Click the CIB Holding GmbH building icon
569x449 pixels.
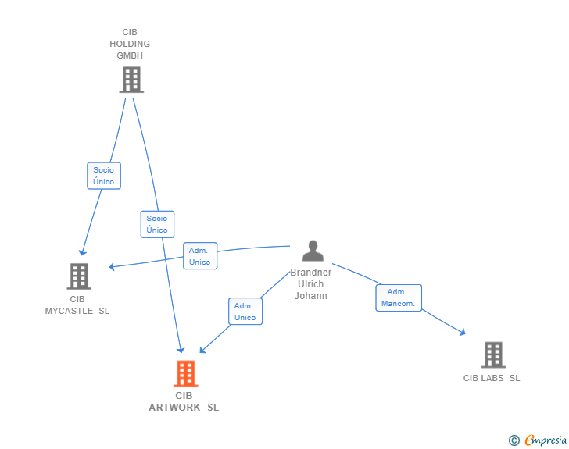[x=131, y=80]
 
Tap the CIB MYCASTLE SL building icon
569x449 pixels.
[x=78, y=276]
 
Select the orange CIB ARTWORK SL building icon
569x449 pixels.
[x=185, y=374]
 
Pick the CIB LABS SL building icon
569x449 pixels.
[x=492, y=355]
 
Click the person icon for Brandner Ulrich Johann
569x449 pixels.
[x=313, y=251]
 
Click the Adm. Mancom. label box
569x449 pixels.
[x=399, y=298]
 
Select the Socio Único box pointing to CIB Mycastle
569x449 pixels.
[x=103, y=176]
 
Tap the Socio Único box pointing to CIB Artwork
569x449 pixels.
[x=157, y=224]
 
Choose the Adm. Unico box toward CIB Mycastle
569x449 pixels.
[x=199, y=256]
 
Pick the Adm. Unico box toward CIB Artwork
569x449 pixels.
[x=245, y=312]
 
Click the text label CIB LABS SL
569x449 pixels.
[x=492, y=379]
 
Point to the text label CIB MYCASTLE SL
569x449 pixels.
[x=77, y=305]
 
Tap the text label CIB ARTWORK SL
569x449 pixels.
[x=184, y=401]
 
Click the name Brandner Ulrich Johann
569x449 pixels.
[x=311, y=284]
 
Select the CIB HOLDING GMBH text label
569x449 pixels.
[x=130, y=45]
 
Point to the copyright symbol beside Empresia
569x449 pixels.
[x=514, y=440]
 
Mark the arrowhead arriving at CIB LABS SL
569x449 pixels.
[x=463, y=332]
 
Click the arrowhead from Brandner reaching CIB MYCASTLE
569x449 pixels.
[x=113, y=267]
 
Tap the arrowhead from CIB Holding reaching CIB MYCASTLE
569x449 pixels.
[x=82, y=252]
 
